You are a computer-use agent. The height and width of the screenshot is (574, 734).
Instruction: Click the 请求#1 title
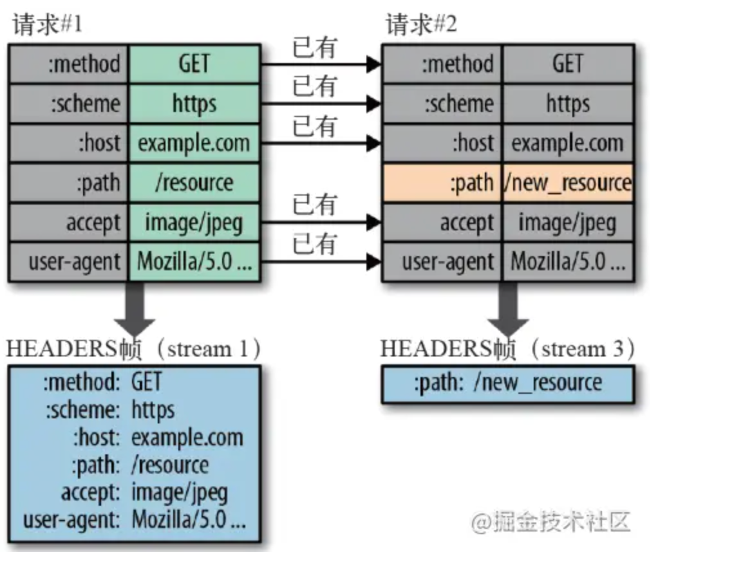(47, 26)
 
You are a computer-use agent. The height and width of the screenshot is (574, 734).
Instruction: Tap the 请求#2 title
(421, 26)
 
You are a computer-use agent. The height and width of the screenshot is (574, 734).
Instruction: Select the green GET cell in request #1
(194, 64)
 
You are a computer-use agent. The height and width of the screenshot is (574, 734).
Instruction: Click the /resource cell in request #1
(194, 183)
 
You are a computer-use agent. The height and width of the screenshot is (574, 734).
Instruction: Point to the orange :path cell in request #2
(442, 183)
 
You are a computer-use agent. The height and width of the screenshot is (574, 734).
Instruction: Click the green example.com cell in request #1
(194, 143)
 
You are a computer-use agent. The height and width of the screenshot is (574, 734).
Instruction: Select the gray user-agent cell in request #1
(68, 262)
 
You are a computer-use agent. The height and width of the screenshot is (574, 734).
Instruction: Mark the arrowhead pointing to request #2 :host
(374, 143)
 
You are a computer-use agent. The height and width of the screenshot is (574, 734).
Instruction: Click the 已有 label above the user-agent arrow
(314, 245)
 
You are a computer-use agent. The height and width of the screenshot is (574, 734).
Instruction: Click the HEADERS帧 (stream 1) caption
(134, 349)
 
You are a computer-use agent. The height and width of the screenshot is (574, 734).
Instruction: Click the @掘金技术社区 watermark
(550, 522)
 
